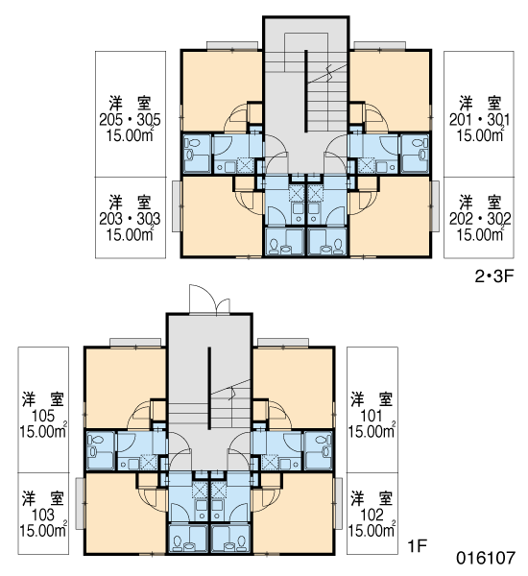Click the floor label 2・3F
pos(493,276)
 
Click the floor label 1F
pos(418,546)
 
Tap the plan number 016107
pos(486,559)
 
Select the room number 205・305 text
pos(130,120)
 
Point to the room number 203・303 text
pos(130,219)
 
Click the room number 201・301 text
pos(479,120)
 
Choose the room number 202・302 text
pos(480,219)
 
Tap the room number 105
pos(43,416)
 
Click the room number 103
pos(43,515)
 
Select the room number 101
pos(372,416)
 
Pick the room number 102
pos(372,515)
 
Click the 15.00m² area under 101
pos(372,430)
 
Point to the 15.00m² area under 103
pos(43,530)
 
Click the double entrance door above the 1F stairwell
pos(209,300)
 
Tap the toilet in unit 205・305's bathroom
pos(189,149)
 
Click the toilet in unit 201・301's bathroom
pos(420,149)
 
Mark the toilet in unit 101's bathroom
pos(324,445)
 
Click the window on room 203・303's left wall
pos(177,206)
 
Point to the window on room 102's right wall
pos(338,503)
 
